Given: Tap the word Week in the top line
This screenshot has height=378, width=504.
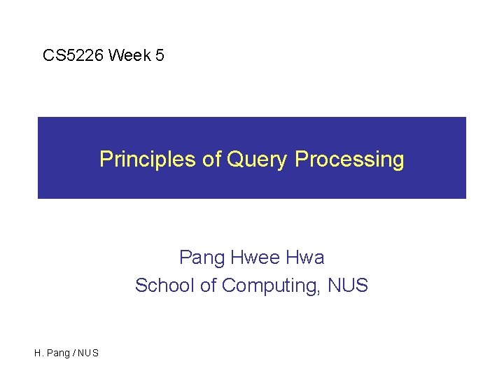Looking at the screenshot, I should click(129, 55).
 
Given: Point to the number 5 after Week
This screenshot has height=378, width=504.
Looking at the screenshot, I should click(160, 55).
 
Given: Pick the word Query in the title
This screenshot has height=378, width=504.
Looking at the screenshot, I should click(256, 160).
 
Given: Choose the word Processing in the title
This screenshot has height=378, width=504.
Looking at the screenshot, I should click(349, 160).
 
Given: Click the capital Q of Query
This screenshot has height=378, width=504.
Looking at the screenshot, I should click(234, 159).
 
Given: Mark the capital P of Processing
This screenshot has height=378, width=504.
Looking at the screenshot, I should click(301, 159).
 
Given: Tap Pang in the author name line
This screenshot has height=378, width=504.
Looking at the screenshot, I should click(201, 258).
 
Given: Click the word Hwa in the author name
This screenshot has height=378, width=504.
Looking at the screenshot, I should click(306, 258).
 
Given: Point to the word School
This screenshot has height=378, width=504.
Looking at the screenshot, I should click(160, 286).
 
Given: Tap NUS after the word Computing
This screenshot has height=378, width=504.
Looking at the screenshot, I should click(346, 286).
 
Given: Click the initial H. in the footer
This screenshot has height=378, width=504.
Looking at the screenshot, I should click(38, 353).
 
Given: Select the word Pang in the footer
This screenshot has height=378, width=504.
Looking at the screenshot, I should click(57, 353).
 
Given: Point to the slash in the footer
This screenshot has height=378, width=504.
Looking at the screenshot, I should click(74, 353).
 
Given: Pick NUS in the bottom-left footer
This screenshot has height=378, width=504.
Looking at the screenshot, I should click(88, 353).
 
